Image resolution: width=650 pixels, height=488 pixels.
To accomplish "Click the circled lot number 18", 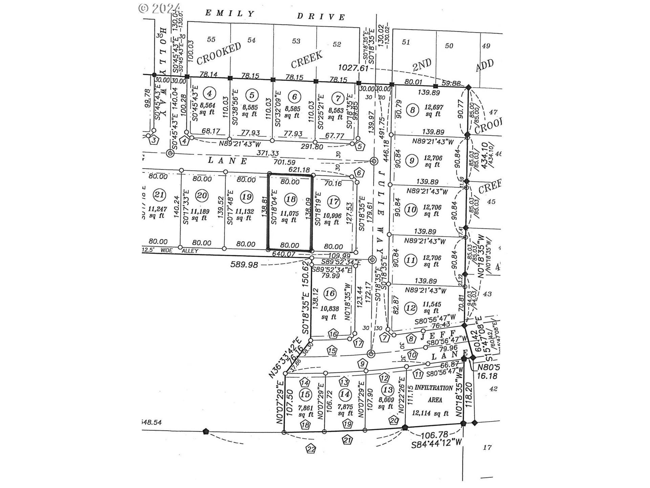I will click(291, 199).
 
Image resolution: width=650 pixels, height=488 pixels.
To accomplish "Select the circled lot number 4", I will click(210, 93).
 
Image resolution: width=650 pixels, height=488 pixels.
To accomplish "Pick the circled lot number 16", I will click(330, 293).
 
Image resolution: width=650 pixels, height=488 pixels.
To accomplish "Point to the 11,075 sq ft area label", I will click(289, 217).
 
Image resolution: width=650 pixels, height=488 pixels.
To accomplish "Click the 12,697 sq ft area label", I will click(433, 110).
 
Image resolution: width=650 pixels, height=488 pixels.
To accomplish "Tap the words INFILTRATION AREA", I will click(434, 393).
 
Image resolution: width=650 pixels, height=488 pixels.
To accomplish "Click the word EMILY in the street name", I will click(230, 13).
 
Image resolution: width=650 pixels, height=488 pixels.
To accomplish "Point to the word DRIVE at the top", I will click(321, 16).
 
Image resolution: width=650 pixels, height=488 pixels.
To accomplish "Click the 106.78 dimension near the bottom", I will click(434, 434).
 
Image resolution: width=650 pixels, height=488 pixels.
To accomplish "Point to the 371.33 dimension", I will click(267, 154).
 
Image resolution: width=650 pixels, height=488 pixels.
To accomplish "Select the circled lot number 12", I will click(411, 308).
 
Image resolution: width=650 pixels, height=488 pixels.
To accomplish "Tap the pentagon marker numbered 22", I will click(311, 449).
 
